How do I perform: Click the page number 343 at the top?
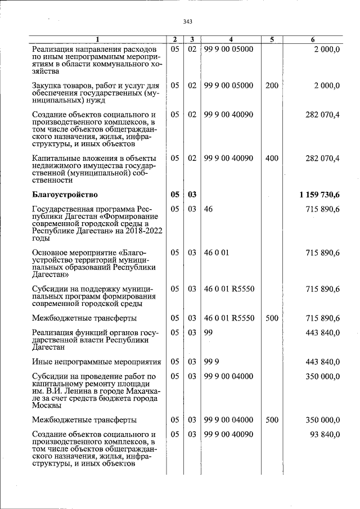188,22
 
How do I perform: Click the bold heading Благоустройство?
65,195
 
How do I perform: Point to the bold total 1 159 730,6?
320,195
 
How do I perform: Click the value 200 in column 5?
272,85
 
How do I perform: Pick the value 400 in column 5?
272,158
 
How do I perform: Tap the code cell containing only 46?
208,209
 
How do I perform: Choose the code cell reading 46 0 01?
217,253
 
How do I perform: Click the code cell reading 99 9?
211,362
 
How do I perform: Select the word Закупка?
48,85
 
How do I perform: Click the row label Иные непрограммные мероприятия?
97,362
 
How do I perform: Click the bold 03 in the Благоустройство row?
192,195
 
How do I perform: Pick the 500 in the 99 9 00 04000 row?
272,420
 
